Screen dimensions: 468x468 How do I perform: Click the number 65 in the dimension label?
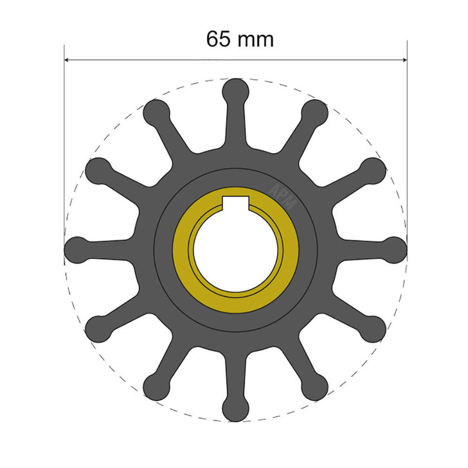point(219,39)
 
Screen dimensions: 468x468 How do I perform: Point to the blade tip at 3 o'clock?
point(395,249)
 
